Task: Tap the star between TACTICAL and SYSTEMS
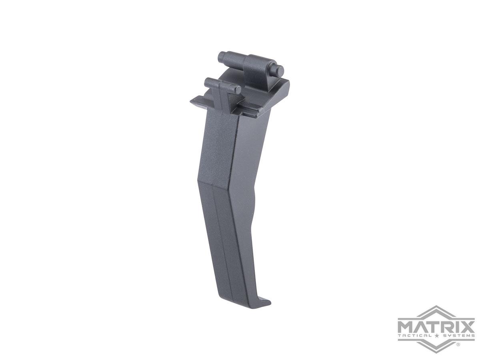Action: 436,336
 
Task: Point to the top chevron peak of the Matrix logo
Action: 436,308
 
